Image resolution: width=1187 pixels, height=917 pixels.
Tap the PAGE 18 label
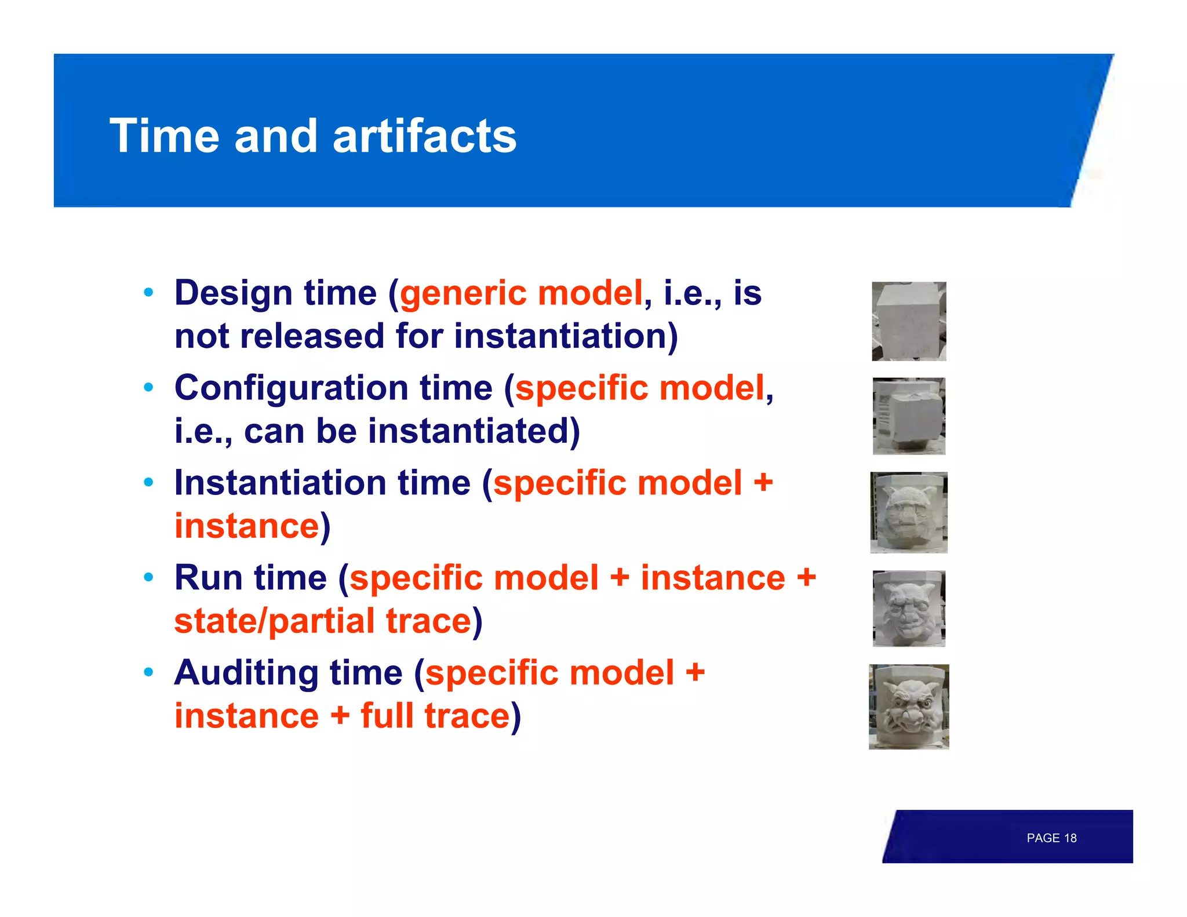(1051, 838)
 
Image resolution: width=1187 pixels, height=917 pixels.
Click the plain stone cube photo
(908, 321)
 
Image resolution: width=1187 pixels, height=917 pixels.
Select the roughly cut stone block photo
(908, 416)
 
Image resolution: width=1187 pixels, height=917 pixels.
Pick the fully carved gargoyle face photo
(908, 707)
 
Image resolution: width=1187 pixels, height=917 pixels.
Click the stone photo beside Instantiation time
(908, 512)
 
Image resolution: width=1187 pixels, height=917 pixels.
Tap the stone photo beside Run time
(908, 608)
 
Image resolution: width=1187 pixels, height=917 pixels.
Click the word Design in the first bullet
(233, 293)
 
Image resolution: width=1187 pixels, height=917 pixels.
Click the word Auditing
(246, 673)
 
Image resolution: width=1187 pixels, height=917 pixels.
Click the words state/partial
(275, 621)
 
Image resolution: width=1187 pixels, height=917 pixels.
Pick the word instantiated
(468, 431)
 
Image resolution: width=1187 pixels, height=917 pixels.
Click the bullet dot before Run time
(149, 577)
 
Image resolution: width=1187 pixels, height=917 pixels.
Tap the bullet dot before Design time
(149, 293)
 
